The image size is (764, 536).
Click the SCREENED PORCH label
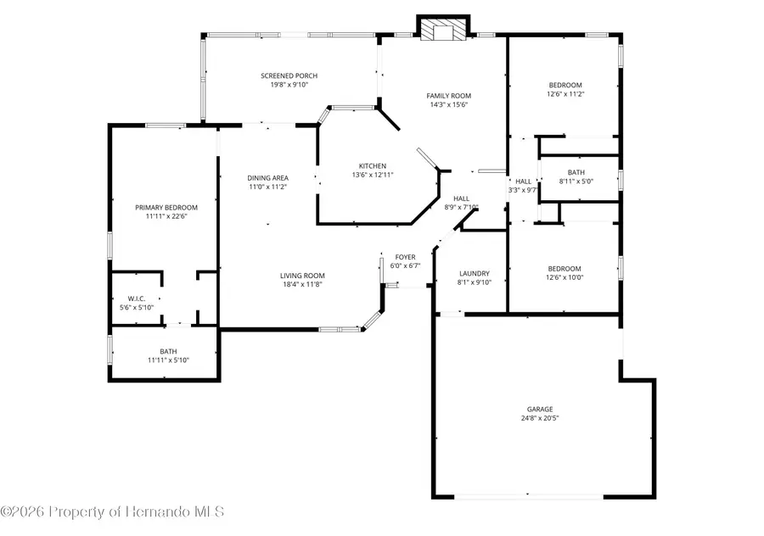pyautogui.click(x=289, y=75)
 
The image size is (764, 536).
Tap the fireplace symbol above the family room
pyautogui.click(x=443, y=28)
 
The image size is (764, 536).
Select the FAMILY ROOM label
pyautogui.click(x=449, y=96)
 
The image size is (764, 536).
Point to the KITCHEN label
pyautogui.click(x=373, y=166)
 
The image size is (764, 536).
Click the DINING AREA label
pyautogui.click(x=267, y=178)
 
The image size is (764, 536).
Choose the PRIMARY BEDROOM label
pyautogui.click(x=166, y=208)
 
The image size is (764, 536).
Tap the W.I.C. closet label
pyautogui.click(x=137, y=299)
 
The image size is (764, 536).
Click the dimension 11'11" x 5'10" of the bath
pyautogui.click(x=168, y=360)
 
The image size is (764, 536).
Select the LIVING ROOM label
pyautogui.click(x=302, y=276)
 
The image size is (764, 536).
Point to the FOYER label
pyautogui.click(x=406, y=257)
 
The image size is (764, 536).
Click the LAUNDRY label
pyautogui.click(x=474, y=274)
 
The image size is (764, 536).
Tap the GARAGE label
pyautogui.click(x=540, y=410)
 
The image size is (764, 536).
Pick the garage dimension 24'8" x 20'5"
pyautogui.click(x=540, y=418)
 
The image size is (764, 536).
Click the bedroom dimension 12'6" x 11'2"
pyautogui.click(x=565, y=94)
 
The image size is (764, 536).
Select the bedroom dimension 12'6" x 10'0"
pyautogui.click(x=565, y=277)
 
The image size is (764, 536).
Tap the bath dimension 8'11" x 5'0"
pyautogui.click(x=576, y=181)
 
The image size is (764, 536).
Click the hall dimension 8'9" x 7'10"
pyautogui.click(x=461, y=207)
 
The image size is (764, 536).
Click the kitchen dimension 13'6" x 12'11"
pyautogui.click(x=373, y=175)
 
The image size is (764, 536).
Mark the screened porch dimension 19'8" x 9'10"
pyautogui.click(x=289, y=85)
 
